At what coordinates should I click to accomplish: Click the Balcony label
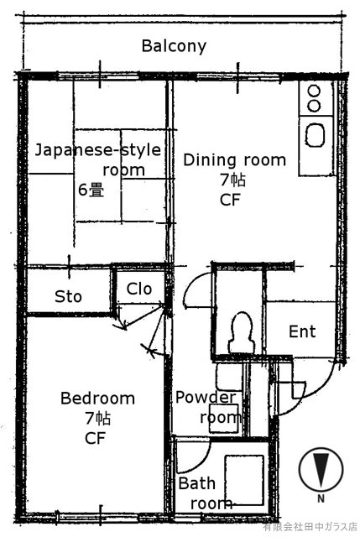point(174,46)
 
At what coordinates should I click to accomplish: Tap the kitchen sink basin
point(315,135)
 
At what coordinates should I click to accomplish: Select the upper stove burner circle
point(314,91)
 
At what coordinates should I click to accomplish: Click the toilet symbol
point(242,332)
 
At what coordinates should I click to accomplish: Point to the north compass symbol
point(321,469)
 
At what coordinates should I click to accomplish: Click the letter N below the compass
point(321,498)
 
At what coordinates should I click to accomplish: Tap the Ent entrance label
point(302,331)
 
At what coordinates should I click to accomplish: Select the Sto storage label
point(68,296)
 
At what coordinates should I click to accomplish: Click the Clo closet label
point(139,289)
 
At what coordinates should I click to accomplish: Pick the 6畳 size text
point(91,190)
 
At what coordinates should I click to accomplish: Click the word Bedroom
point(97,399)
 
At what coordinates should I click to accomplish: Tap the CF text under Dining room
point(230,200)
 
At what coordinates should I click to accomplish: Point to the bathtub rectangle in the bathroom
point(244,480)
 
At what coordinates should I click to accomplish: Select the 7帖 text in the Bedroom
point(97,418)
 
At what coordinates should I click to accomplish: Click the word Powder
point(206,398)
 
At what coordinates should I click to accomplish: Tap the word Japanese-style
point(98,151)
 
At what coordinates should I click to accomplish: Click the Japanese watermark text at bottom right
point(310,527)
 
